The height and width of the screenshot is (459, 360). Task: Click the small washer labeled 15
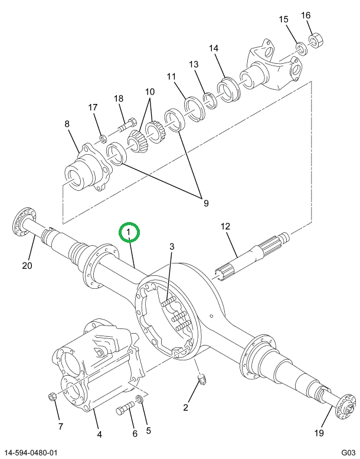(x=300, y=47)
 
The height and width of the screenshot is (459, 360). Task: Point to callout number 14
(x=214, y=48)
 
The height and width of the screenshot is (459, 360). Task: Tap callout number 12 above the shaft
(x=224, y=226)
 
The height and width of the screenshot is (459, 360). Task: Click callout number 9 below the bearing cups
(x=206, y=203)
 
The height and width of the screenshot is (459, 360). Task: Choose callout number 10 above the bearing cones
(x=149, y=92)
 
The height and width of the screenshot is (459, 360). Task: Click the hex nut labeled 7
(x=53, y=396)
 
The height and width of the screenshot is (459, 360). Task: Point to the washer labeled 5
(x=139, y=402)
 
